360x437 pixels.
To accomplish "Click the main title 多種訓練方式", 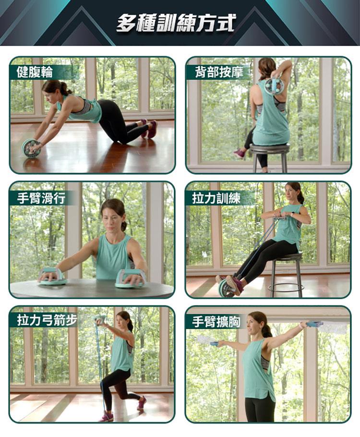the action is (176, 23).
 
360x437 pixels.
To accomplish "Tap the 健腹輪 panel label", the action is (35, 72).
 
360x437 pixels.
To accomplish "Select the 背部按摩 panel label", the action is (219, 72).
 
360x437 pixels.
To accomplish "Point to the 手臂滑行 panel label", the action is (41, 198).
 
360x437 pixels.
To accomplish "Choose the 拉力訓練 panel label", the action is (216, 198).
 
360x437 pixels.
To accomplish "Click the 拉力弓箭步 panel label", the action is (47, 320).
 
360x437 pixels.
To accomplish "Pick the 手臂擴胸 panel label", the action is (216, 322).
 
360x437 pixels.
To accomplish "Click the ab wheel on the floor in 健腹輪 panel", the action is (31, 148).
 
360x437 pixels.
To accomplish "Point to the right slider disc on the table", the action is (131, 279).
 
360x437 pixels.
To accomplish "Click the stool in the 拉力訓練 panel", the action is (286, 274).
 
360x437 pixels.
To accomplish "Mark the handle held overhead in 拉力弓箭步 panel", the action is (100, 319).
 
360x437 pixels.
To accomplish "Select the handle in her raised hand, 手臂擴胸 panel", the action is (314, 324).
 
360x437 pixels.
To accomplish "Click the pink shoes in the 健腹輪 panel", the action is (149, 129).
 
